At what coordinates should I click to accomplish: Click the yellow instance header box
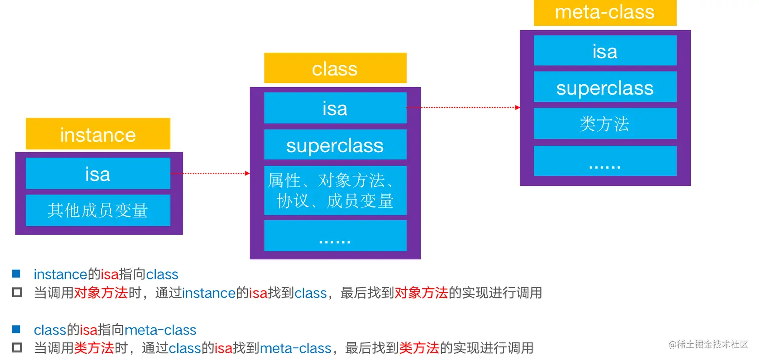pos(98,134)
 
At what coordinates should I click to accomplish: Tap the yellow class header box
pos(335,68)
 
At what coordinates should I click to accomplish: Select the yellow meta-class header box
pos(604,12)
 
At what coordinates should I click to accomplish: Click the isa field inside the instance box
pos(98,174)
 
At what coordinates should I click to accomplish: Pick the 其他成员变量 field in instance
pos(98,210)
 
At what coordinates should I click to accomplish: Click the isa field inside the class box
pos(335,108)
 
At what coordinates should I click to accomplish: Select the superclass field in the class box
pos(335,145)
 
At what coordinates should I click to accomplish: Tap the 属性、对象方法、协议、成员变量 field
pos(335,190)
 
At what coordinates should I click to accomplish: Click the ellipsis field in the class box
pos(335,236)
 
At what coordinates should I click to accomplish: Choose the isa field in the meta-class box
pos(604,51)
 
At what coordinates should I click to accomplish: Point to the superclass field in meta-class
pos(604,87)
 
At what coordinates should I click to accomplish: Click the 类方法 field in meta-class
pos(604,124)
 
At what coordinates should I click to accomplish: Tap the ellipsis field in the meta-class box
pos(604,161)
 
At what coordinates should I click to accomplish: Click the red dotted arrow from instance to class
pos(211,174)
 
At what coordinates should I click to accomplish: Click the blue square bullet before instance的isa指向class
pos(16,274)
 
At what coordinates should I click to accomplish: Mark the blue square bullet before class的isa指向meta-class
pos(16,330)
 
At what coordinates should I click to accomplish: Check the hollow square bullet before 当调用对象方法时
pos(17,292)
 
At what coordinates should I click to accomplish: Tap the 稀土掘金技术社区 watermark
pos(708,345)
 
